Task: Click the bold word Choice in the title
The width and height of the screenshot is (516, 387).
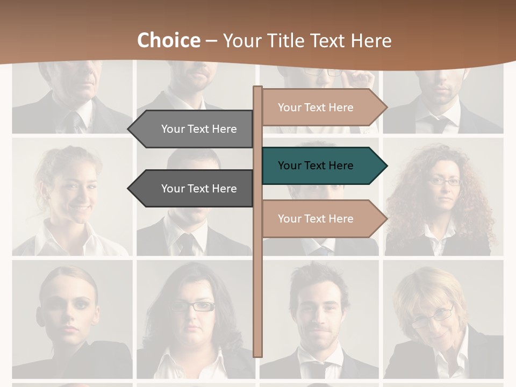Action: tap(168, 40)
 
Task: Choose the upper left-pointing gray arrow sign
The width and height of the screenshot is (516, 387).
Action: tap(193, 129)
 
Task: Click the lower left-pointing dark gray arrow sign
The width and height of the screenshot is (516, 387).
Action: tap(193, 189)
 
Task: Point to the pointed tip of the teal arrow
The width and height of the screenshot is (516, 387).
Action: tap(386, 166)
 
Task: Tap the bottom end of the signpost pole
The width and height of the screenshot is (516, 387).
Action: tap(258, 355)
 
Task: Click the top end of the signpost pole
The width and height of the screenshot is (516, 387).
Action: tap(258, 88)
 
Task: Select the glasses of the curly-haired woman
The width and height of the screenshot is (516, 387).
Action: tap(445, 182)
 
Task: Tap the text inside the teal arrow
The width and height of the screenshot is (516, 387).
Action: tap(316, 166)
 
